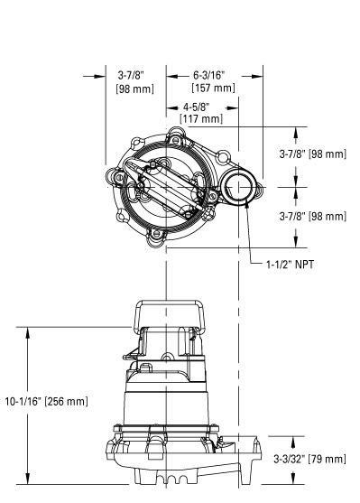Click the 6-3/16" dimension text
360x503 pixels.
[x=212, y=76]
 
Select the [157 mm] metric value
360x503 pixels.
[x=212, y=88]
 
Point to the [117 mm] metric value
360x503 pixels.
[x=200, y=117]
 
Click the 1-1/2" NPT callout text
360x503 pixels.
[x=295, y=265]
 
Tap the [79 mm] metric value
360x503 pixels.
[x=328, y=460]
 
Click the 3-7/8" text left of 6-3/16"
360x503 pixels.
[x=134, y=76]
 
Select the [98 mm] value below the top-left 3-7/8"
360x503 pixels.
[x=134, y=88]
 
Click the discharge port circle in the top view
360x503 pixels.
[x=241, y=187]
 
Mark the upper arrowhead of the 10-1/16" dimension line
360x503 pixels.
[x=30, y=332]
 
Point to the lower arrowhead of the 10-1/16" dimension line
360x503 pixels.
[x=30, y=480]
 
